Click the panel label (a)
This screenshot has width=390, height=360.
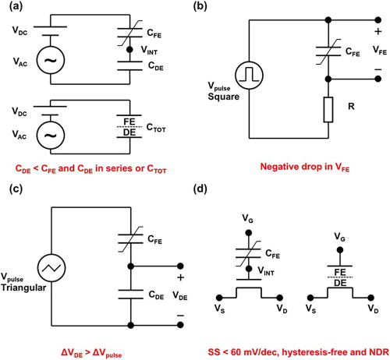click(11, 9)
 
